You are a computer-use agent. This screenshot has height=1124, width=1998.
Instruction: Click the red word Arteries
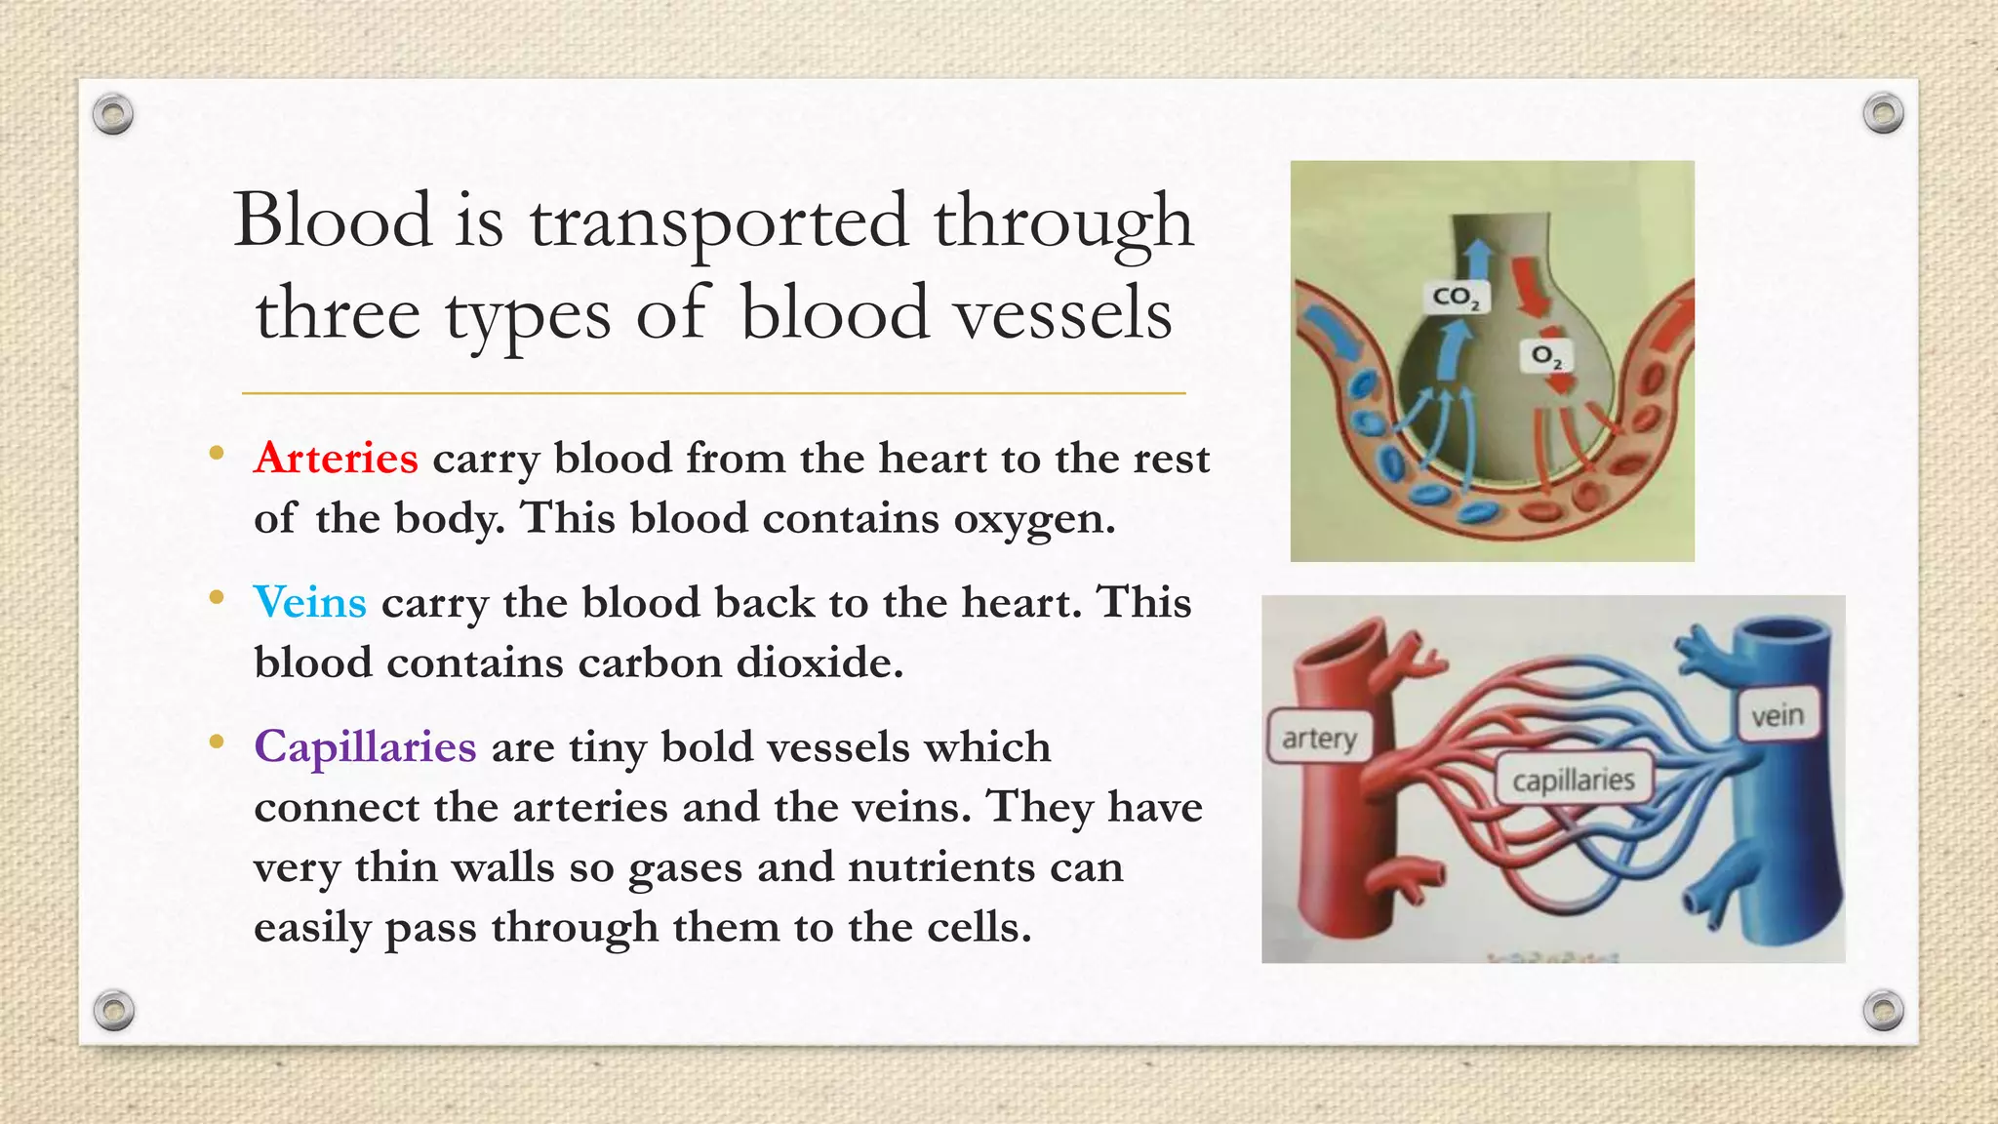click(336, 459)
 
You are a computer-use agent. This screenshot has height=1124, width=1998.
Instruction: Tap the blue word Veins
click(309, 602)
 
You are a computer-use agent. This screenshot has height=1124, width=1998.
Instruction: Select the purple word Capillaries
click(365, 747)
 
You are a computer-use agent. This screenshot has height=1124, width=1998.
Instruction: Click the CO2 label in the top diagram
click(1456, 297)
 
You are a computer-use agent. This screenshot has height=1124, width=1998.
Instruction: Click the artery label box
click(1319, 738)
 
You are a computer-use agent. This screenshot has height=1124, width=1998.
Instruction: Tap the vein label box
click(1777, 716)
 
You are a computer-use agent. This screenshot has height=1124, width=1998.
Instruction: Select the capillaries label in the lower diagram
click(1573, 780)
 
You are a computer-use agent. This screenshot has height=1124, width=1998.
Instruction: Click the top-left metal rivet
click(113, 115)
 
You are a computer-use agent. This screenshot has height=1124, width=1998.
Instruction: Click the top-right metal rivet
click(1883, 114)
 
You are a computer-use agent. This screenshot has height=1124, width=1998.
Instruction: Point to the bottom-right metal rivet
click(1884, 1010)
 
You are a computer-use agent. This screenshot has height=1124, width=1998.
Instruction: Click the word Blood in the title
click(333, 221)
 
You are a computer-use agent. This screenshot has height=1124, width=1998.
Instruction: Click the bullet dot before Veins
click(217, 597)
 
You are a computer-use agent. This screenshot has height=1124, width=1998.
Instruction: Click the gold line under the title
click(713, 393)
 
